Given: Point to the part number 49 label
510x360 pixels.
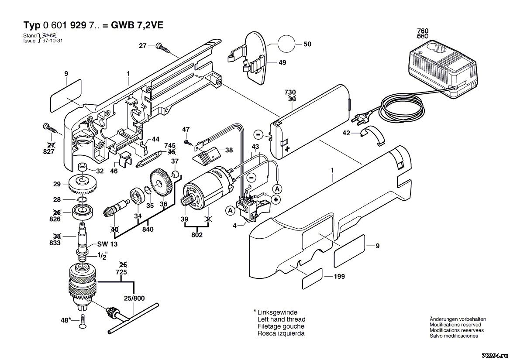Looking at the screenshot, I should tap(282, 63).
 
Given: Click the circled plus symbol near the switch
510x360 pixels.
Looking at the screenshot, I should tap(276, 199).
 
